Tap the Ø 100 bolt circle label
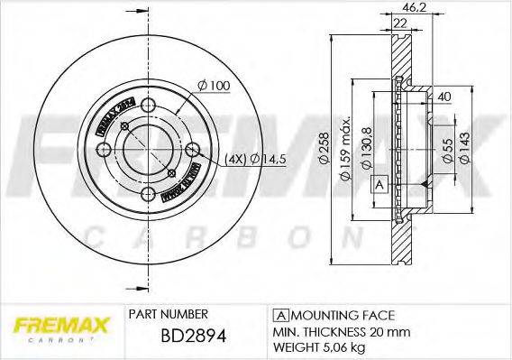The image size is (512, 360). [x=215, y=85]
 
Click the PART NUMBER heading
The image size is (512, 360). [x=169, y=314]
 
